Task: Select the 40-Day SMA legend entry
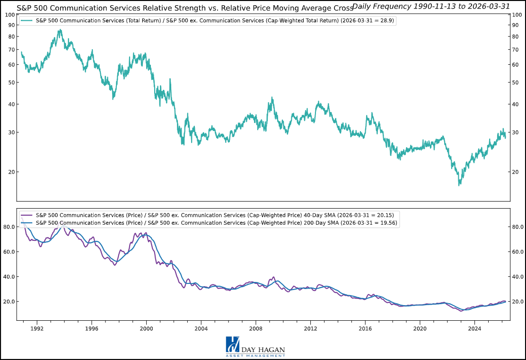[208, 215]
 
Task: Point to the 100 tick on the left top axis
[9, 15]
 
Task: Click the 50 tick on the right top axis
[517, 82]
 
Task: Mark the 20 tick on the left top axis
[10, 172]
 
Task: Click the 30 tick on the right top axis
[517, 132]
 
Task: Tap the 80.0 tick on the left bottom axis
[9, 227]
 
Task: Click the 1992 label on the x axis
[37, 328]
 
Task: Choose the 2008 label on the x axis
[256, 328]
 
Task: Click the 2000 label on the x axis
[146, 328]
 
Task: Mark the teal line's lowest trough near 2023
[459, 185]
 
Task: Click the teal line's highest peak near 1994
[60, 30]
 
